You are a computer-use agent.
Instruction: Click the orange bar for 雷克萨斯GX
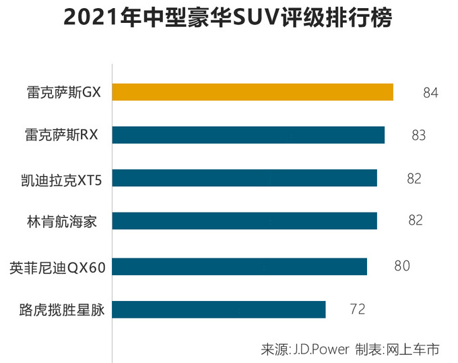click(x=253, y=92)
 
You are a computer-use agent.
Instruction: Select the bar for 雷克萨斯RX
click(x=249, y=135)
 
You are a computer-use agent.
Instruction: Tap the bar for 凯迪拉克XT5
click(x=244, y=178)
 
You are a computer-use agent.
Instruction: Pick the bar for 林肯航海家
click(x=244, y=221)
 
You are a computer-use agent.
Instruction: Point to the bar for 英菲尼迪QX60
click(x=239, y=267)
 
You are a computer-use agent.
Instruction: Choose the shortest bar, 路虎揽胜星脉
click(x=219, y=310)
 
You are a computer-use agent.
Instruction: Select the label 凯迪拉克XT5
click(x=60, y=179)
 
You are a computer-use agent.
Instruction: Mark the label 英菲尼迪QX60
click(x=58, y=267)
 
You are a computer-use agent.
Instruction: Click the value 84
click(x=431, y=92)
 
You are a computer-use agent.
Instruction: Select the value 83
click(x=419, y=135)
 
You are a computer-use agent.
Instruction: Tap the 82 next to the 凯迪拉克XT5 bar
click(x=414, y=178)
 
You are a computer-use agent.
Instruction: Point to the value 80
click(x=402, y=266)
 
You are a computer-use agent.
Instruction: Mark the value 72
click(x=357, y=310)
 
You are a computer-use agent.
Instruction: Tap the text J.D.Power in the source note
click(x=321, y=350)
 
